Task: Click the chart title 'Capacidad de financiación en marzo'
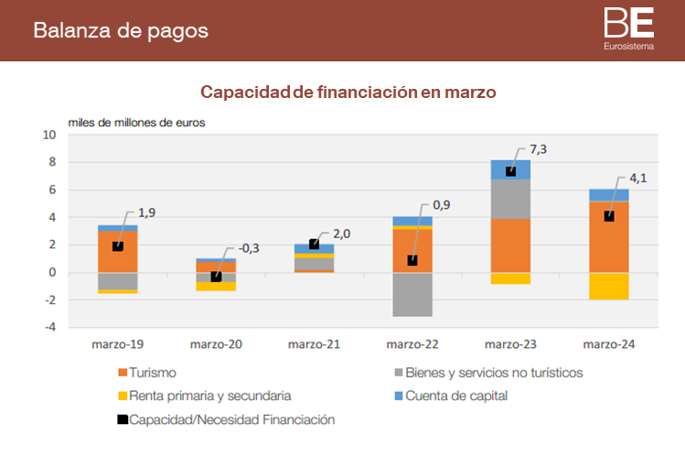point(348,92)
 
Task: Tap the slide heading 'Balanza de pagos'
point(121,30)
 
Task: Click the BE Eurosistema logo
point(628,28)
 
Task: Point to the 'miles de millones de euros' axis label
point(136,122)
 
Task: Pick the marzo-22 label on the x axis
point(412,344)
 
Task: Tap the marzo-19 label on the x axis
point(117,344)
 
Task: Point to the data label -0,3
point(249,248)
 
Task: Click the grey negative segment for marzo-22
point(412,294)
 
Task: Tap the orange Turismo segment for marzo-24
point(609,236)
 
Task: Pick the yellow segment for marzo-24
point(609,286)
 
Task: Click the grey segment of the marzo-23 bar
point(510,199)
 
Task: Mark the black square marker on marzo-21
point(315,245)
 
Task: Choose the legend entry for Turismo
point(153,373)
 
